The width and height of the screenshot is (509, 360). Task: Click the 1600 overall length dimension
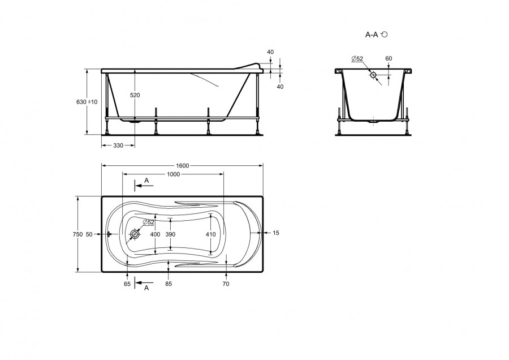(182, 166)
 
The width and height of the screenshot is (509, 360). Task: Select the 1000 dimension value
(174, 174)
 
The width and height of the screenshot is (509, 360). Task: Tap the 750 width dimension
(78, 234)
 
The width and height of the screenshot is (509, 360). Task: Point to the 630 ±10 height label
(87, 102)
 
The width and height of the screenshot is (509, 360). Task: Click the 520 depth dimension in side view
(135, 95)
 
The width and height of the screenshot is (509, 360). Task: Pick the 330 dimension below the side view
(118, 145)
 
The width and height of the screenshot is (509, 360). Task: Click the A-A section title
(372, 35)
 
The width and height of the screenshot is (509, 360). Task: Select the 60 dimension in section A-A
(389, 58)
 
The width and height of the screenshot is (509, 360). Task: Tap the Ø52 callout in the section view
(357, 58)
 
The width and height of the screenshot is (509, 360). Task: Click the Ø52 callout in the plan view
(148, 222)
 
